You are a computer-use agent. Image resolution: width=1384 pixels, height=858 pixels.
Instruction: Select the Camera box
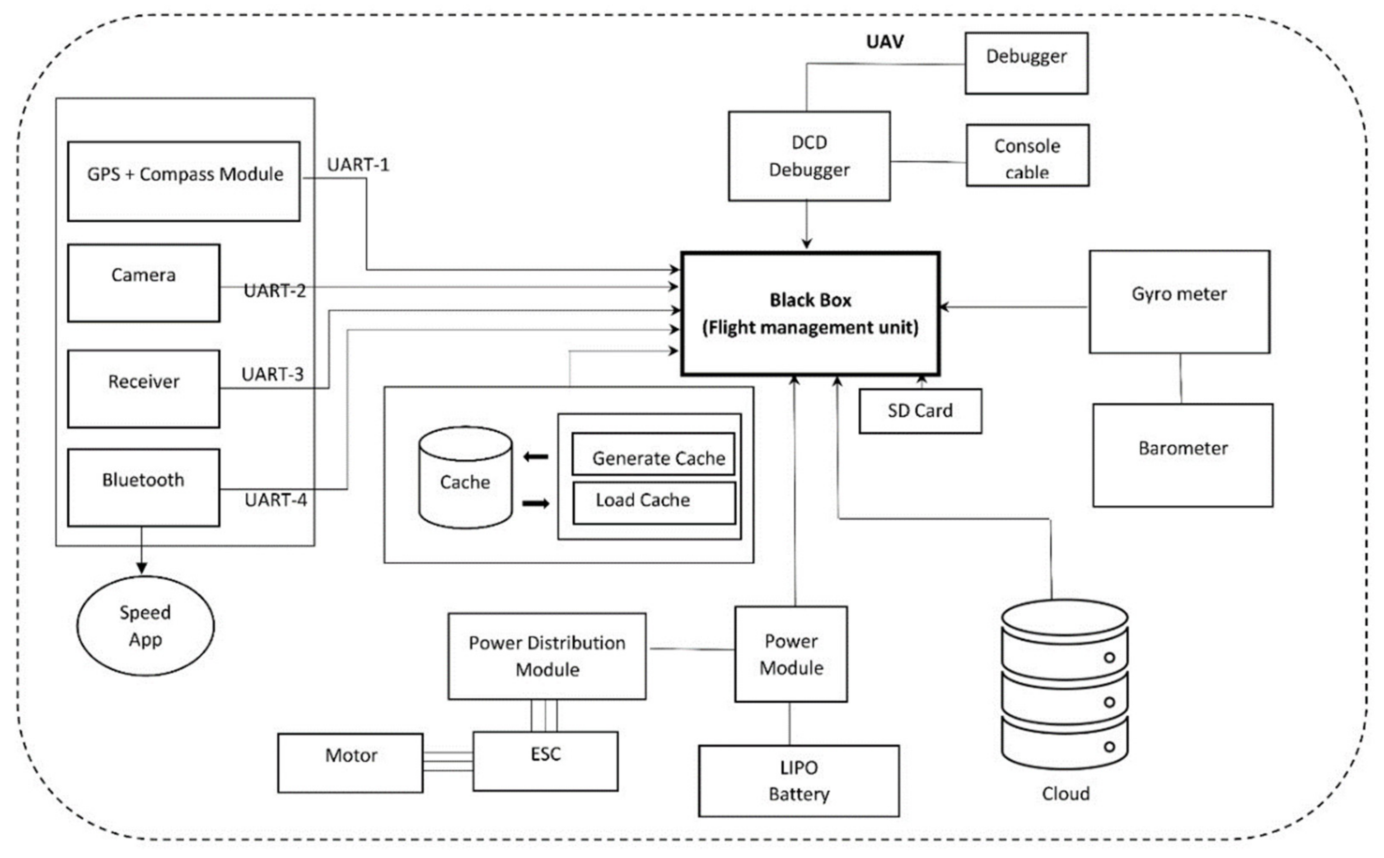(x=144, y=283)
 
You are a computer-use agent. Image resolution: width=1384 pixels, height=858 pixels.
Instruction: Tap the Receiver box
(x=144, y=388)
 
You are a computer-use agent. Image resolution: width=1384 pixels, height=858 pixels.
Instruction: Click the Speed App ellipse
(x=145, y=625)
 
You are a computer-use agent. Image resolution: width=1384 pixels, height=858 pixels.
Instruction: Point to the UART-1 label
(x=358, y=164)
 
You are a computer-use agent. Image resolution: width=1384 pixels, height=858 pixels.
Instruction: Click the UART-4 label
(x=276, y=500)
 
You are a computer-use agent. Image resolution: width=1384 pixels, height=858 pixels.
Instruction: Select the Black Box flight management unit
(x=810, y=314)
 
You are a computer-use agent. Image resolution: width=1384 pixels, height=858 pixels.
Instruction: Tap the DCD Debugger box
(x=809, y=156)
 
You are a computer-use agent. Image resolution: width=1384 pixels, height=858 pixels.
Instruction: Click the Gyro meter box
(x=1179, y=302)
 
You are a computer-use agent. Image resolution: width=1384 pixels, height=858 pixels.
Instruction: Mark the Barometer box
(x=1183, y=455)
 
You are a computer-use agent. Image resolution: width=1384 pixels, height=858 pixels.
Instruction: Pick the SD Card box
(x=920, y=411)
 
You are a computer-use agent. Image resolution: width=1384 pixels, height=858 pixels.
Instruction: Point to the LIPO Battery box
(x=799, y=781)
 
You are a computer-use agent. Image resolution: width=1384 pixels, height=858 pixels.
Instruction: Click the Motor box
(x=350, y=763)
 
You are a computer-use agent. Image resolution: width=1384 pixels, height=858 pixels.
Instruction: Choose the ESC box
(x=545, y=761)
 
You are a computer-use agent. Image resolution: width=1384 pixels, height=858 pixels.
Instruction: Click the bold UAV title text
(x=884, y=42)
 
